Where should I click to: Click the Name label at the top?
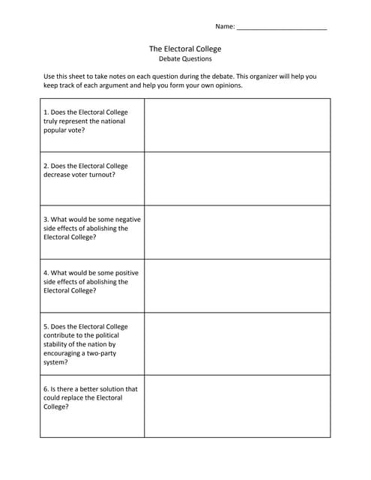(x=225, y=26)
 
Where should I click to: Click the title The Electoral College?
(x=185, y=49)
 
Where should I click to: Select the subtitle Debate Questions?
(x=185, y=58)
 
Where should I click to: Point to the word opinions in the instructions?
(x=227, y=85)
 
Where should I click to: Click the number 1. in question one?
(x=46, y=112)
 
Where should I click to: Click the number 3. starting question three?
(x=46, y=219)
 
